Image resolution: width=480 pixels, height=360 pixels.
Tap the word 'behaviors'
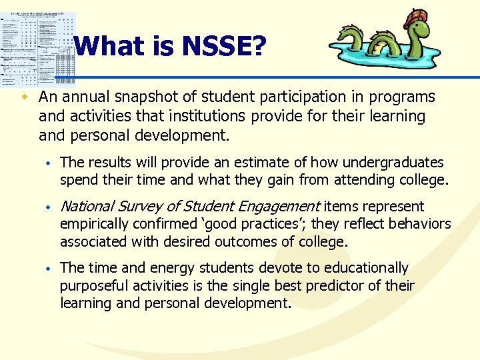point(419,224)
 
